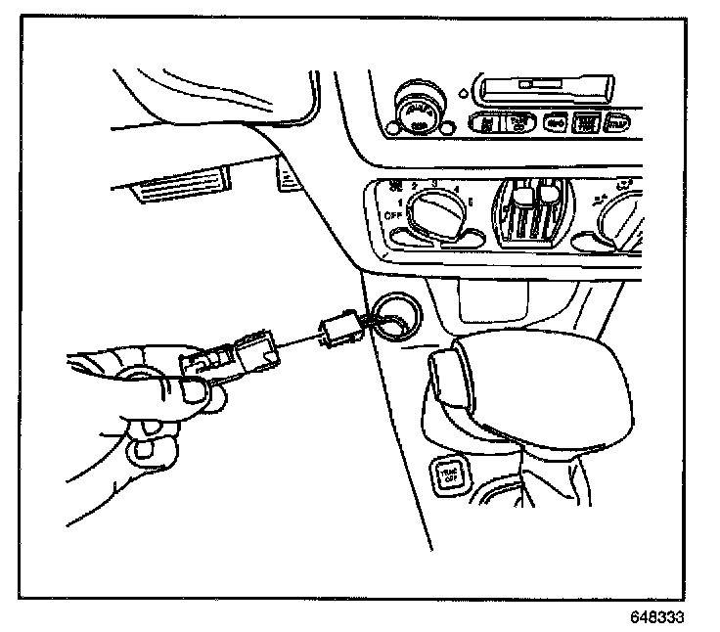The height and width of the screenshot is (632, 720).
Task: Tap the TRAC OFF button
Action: coord(449,474)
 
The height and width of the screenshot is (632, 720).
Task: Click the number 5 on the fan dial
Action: coord(472,201)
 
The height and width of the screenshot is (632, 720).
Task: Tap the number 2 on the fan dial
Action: coord(415,185)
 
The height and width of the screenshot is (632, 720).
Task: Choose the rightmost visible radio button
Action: coord(618,123)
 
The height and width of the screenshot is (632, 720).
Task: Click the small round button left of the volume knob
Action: coord(394,125)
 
